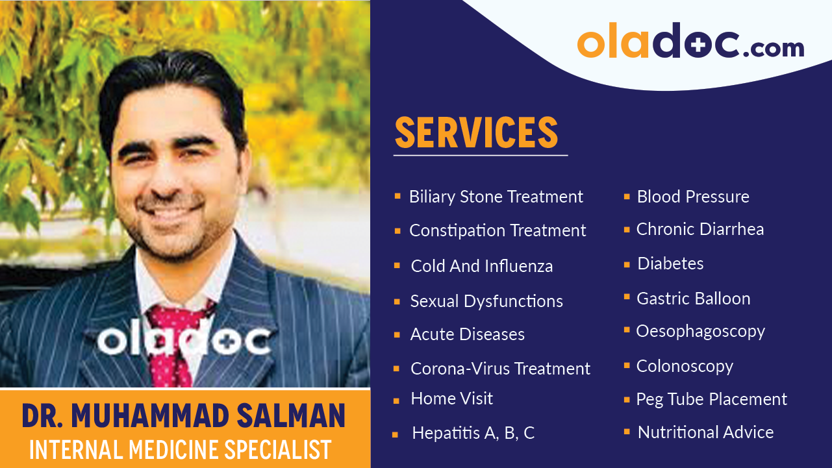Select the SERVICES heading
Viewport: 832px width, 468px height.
(x=476, y=133)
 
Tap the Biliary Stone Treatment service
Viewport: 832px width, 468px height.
(x=496, y=197)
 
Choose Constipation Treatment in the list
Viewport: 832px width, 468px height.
(x=498, y=230)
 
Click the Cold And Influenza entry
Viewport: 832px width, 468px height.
(x=482, y=266)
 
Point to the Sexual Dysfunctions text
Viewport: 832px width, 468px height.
(x=486, y=301)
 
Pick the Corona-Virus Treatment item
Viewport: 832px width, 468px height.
(x=500, y=369)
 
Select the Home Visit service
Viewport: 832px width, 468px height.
(x=452, y=399)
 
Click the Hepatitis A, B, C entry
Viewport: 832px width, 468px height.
(x=473, y=433)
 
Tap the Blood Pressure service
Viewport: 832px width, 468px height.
(x=693, y=197)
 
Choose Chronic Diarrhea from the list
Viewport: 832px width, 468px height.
(x=700, y=229)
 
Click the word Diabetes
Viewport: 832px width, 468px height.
(x=670, y=264)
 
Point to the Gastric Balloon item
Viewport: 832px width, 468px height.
(x=693, y=299)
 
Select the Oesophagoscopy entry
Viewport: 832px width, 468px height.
(x=700, y=331)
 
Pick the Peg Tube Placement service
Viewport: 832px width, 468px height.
(x=712, y=399)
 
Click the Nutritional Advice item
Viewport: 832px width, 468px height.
(x=705, y=432)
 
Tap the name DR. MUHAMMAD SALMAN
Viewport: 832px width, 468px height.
(x=184, y=416)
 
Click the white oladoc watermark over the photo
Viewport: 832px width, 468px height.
(x=184, y=339)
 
